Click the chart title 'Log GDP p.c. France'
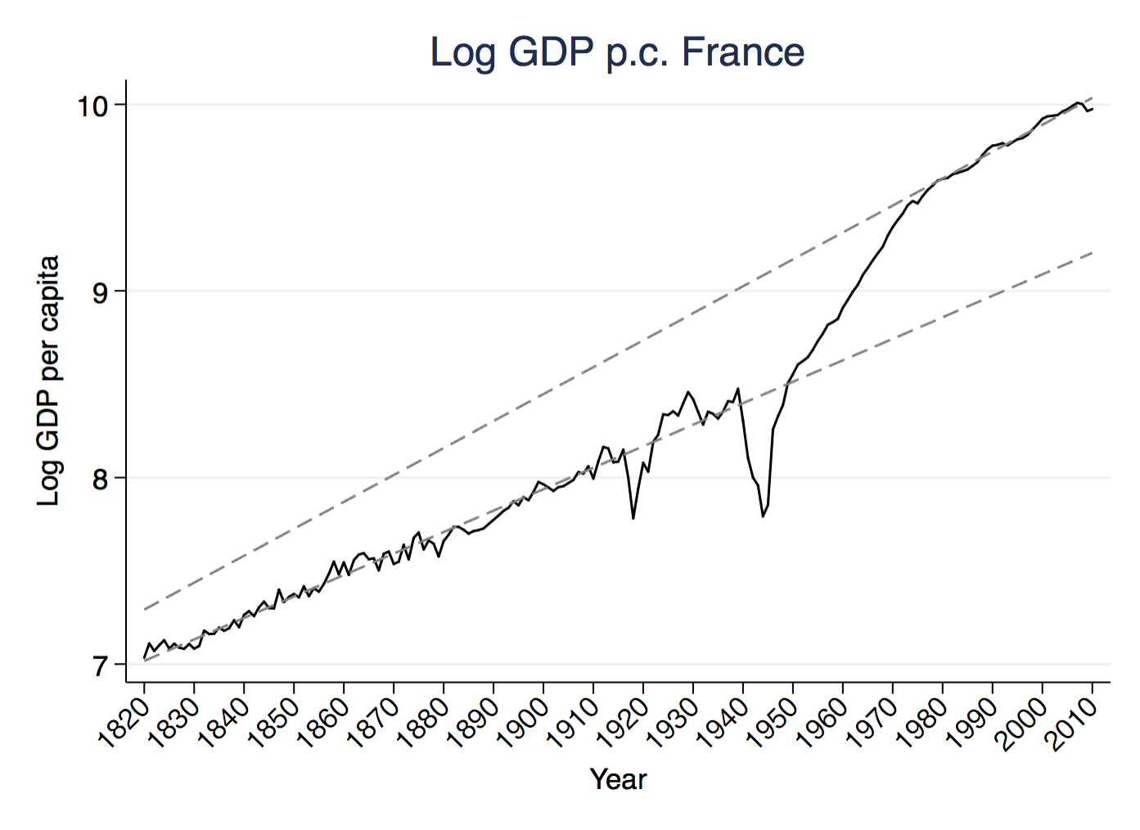pyautogui.click(x=617, y=52)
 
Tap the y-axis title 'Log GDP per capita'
pyautogui.click(x=49, y=381)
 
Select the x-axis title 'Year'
pyautogui.click(x=618, y=779)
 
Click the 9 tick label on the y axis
pyautogui.click(x=100, y=292)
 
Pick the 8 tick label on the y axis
pyautogui.click(x=100, y=479)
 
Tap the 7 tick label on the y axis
pyautogui.click(x=100, y=666)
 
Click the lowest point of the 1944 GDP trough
pyautogui.click(x=763, y=516)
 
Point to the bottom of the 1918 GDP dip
pyautogui.click(x=633, y=518)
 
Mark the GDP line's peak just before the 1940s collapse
pyautogui.click(x=738, y=389)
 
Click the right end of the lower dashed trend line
pyautogui.click(x=1093, y=253)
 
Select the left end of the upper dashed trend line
pyautogui.click(x=145, y=609)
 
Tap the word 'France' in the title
pyautogui.click(x=743, y=52)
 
